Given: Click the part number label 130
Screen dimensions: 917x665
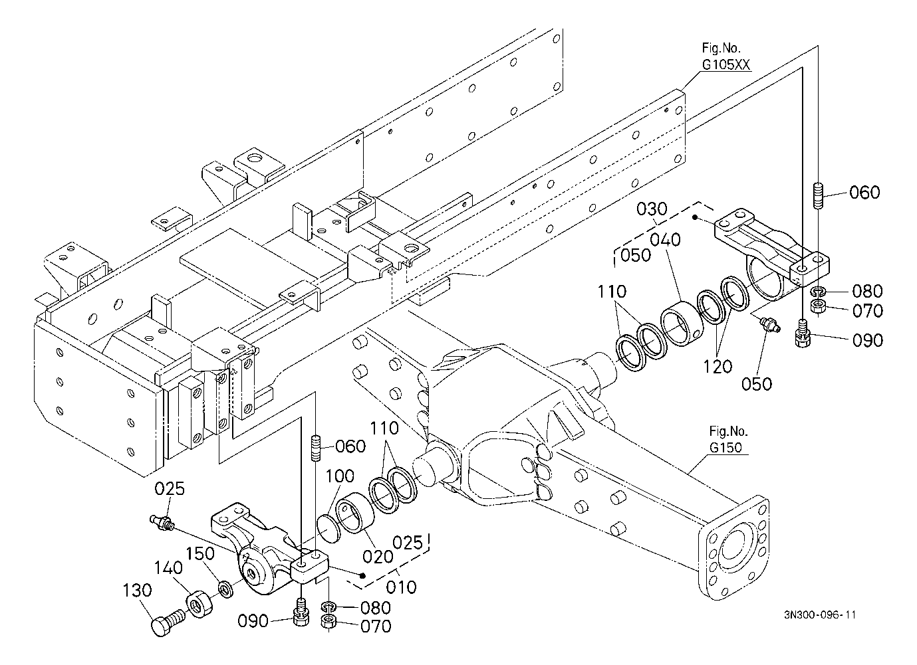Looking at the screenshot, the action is point(138,590).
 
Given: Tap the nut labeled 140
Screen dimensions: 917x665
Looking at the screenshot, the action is point(199,603).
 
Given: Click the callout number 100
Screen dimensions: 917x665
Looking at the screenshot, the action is point(340,476).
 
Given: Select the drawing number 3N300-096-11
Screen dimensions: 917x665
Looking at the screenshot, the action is point(819,615).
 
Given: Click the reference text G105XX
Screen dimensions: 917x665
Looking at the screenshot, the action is point(726,64).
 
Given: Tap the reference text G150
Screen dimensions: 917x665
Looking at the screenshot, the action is point(725,447).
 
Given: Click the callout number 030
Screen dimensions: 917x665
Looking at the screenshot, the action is point(652,209).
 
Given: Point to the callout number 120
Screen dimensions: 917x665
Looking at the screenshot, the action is point(718,367).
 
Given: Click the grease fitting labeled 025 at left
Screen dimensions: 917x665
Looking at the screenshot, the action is point(162,523).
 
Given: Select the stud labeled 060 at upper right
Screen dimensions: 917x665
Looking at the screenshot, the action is point(817,196).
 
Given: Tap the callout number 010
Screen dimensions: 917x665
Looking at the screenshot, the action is point(401,587).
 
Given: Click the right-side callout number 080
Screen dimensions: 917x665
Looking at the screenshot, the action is point(868,291).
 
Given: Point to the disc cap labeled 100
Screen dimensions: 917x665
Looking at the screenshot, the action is point(329,528).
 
